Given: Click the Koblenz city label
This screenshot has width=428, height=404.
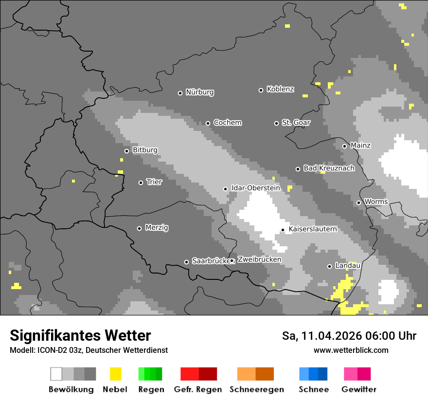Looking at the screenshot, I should [x=280, y=89].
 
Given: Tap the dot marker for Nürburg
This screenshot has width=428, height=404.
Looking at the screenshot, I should [x=180, y=93].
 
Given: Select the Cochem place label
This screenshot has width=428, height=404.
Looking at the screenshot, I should [x=227, y=123].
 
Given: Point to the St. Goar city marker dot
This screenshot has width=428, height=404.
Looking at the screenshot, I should [x=276, y=123].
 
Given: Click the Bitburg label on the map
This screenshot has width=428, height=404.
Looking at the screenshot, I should [x=145, y=150].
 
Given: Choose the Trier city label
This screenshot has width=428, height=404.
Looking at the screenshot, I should [x=154, y=182].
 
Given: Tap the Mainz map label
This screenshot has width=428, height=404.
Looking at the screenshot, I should [x=360, y=146].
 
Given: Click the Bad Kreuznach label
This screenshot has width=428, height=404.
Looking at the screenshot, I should [x=329, y=168].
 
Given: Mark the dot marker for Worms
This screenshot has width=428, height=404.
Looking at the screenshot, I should [x=358, y=202].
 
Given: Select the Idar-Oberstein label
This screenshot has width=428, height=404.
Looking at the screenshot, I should [x=255, y=188].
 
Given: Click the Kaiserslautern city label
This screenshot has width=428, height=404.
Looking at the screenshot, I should [x=312, y=229].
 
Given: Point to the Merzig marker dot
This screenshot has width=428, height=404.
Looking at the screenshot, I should [x=139, y=228].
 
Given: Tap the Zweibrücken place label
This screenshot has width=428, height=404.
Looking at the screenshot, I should [x=259, y=259].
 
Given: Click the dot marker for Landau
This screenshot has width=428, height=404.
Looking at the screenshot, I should [x=329, y=266].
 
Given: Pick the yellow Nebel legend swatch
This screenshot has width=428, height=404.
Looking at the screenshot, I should [x=115, y=374].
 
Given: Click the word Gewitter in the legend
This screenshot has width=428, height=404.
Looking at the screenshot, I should [x=358, y=389].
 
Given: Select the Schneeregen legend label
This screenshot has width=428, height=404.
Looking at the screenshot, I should [x=256, y=389].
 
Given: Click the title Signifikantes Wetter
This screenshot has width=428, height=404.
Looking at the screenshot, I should [x=80, y=335].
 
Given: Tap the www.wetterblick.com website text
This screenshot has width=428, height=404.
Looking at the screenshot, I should [x=351, y=350].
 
